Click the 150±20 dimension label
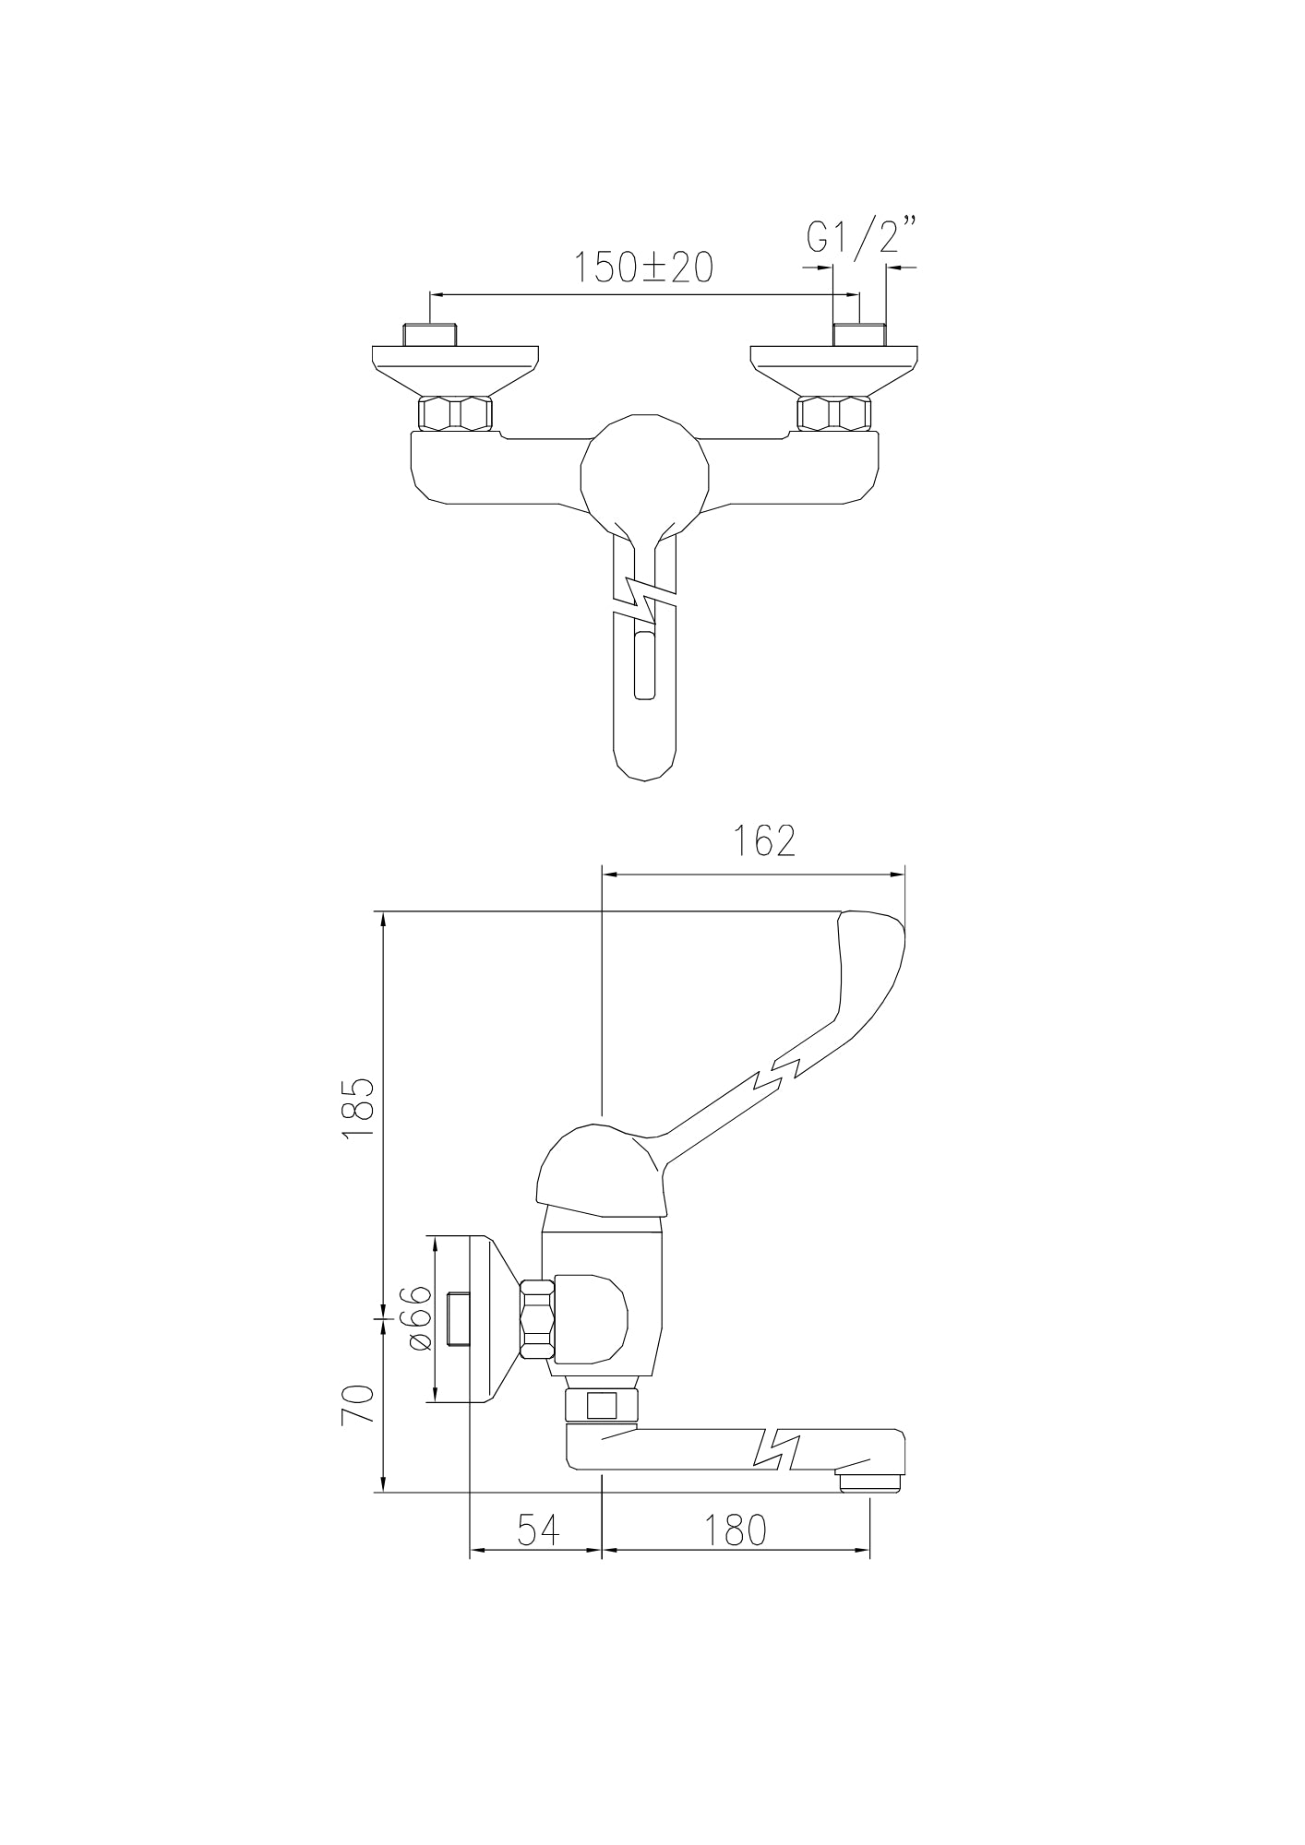click(x=644, y=268)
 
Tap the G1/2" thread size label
click(x=861, y=235)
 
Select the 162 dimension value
click(x=764, y=840)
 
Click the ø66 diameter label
click(x=417, y=1318)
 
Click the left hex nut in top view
click(x=455, y=414)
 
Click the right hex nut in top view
click(x=834, y=414)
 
